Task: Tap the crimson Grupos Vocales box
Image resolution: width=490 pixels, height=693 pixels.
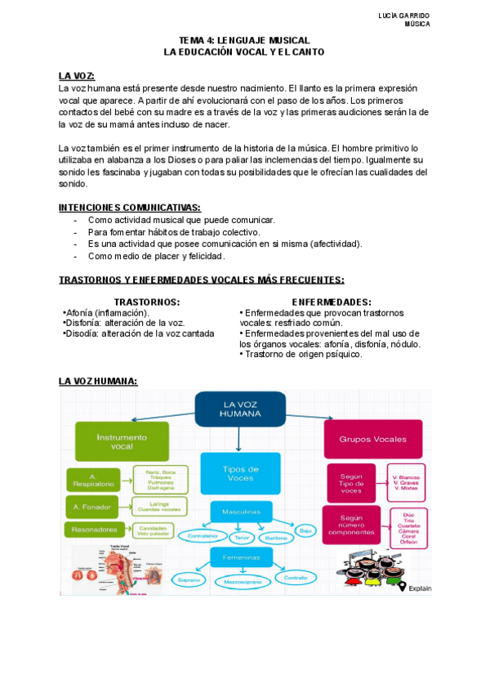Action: pyautogui.click(x=372, y=440)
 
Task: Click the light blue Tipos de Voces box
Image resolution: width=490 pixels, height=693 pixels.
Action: pyautogui.click(x=240, y=474)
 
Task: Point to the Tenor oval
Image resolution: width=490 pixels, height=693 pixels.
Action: pyautogui.click(x=242, y=537)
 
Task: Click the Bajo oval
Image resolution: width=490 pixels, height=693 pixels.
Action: pyautogui.click(x=305, y=530)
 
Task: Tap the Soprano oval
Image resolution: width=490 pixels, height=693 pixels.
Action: pyautogui.click(x=189, y=578)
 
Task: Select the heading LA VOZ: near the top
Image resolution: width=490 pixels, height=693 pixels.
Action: pyautogui.click(x=77, y=75)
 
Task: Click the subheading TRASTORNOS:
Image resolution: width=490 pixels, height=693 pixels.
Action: pyautogui.click(x=147, y=302)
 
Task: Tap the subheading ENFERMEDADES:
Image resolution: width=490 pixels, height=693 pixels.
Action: pyautogui.click(x=332, y=302)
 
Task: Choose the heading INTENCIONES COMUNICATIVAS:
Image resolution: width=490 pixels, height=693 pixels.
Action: pyautogui.click(x=130, y=208)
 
